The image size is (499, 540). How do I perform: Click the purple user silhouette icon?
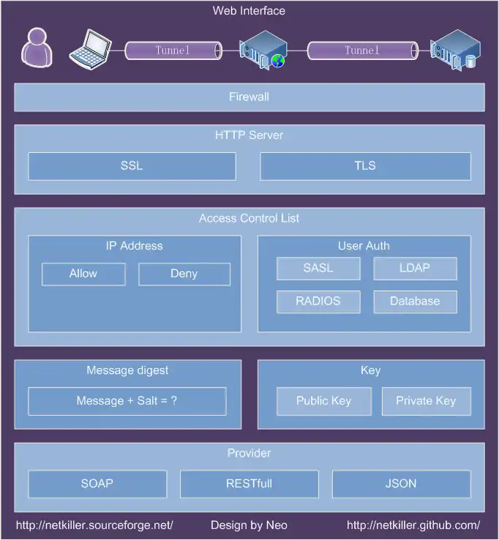pos(37,48)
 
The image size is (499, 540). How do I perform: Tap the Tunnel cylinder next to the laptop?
pos(173,50)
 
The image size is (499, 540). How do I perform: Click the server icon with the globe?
pos(263,49)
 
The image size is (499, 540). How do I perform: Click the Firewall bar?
pos(249,97)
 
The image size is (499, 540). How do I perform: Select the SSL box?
pos(132,166)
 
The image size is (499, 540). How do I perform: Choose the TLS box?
pos(365,166)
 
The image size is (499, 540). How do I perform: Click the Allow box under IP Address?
pos(83,274)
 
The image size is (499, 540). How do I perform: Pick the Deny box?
pos(184,274)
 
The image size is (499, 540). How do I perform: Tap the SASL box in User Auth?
pos(318,269)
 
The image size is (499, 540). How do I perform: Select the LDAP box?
pos(415,269)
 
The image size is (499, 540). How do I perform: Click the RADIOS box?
pos(318,301)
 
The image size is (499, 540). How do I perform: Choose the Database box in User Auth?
pos(415,301)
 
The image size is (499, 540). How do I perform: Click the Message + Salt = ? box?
pos(127,401)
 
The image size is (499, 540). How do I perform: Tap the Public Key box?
pos(323,401)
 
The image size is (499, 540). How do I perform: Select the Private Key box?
pos(426,401)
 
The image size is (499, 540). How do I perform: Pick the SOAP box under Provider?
pos(97,484)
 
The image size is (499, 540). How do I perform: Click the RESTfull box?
pos(249,484)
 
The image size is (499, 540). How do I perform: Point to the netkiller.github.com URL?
pos(413,525)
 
